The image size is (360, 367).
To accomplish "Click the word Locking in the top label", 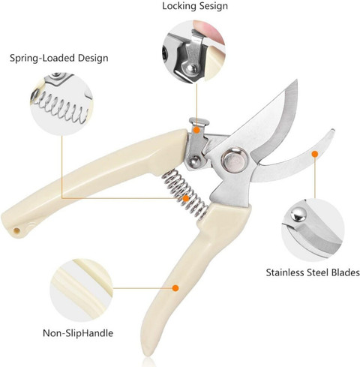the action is (179, 6).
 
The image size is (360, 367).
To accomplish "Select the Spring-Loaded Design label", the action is (59, 59).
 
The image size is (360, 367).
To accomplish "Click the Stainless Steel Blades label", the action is (313, 272).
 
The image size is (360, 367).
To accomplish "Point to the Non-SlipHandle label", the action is (78, 333).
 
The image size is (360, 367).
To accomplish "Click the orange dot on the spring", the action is (185, 199).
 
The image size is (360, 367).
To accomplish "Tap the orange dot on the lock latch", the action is (197, 130).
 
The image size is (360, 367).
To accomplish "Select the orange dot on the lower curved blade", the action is (315, 154).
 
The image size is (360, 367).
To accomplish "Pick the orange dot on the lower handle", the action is (175, 288).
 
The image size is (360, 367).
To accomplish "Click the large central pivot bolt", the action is (235, 160).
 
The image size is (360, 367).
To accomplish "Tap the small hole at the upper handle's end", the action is (16, 230).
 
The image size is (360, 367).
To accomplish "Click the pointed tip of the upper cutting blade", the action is (296, 80).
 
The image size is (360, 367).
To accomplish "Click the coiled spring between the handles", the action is (185, 194).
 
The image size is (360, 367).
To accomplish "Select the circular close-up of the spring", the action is (61, 104).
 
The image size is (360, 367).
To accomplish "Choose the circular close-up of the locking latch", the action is (193, 52).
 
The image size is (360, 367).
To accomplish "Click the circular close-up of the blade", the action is (313, 230).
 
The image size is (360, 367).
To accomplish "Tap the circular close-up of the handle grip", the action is (81, 290).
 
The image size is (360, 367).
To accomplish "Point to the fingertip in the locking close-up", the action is (208, 31).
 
